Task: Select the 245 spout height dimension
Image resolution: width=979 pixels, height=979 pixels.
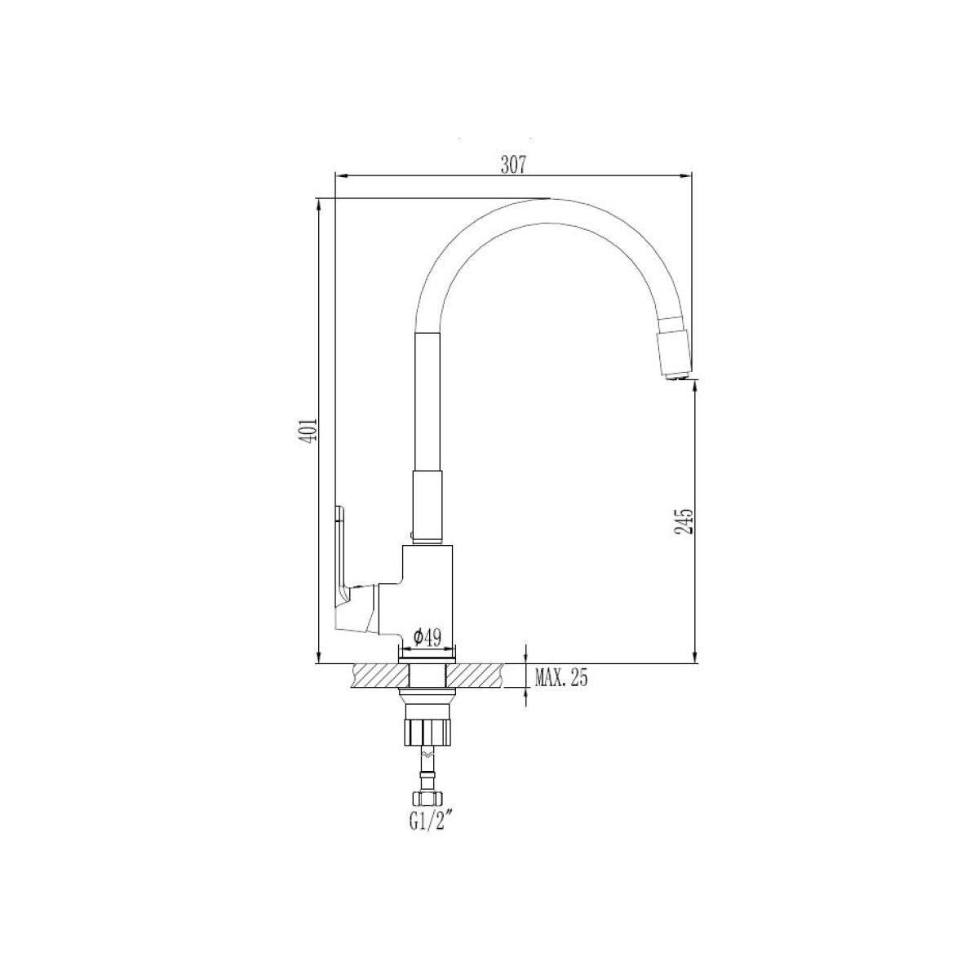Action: click(x=684, y=521)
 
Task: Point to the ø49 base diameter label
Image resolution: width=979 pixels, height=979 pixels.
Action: click(x=427, y=637)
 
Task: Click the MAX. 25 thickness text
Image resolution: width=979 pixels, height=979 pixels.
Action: click(x=560, y=678)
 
